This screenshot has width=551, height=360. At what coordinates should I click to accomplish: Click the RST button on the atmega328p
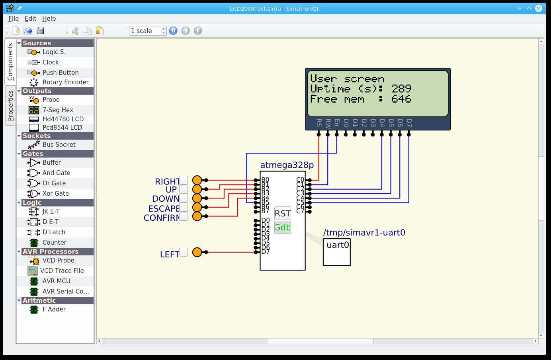282,214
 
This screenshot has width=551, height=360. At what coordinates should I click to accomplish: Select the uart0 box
337,252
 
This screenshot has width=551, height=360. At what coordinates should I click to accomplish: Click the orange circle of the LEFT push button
197,252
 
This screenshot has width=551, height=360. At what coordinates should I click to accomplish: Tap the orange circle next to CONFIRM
197,216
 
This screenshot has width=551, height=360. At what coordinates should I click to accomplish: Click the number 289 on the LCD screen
401,89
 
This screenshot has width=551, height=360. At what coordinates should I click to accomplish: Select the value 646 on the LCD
401,99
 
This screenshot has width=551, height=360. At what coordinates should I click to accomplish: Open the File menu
14,18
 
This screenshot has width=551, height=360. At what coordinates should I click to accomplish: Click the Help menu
49,18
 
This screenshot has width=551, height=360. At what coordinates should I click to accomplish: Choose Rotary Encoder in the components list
65,82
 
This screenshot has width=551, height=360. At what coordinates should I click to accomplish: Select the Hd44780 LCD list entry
63,119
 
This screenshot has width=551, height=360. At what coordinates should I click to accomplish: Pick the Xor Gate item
55,193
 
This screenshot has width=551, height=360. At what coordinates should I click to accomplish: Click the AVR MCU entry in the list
56,281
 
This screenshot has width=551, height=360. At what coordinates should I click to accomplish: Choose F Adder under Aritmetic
54,309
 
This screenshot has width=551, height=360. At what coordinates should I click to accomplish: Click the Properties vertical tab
10,105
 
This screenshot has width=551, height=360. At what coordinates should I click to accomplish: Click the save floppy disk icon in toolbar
40,31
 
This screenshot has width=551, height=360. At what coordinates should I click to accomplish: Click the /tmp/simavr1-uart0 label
364,232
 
